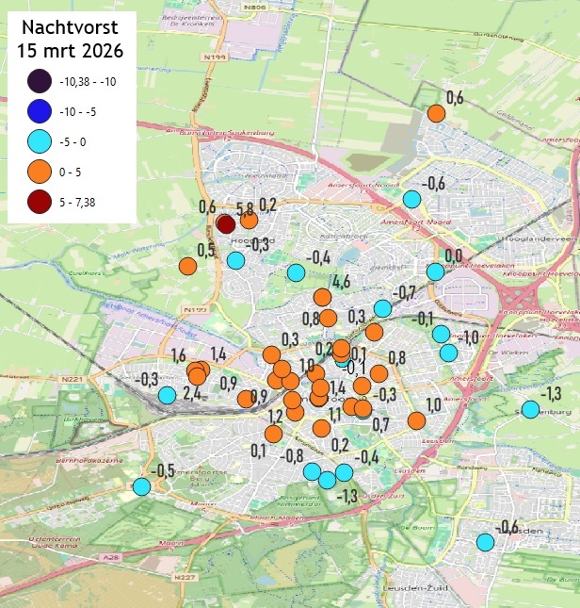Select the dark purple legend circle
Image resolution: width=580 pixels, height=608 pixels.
pos(40,82)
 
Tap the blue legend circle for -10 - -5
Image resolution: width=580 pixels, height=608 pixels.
pos(40,112)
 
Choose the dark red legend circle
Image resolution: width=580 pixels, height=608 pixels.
pos(40,202)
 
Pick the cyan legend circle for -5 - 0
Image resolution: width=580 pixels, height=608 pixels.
pos(40,142)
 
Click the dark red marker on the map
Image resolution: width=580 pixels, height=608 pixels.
pos(226,223)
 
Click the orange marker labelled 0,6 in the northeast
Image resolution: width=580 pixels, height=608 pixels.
pos(436,114)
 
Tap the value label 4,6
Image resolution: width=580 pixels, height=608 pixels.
pos(341,281)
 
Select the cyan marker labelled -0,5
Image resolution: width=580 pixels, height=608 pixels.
pos(141,486)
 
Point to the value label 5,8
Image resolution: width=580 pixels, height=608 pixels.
pos(244,207)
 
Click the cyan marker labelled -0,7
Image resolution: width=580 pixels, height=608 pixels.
pos(382,308)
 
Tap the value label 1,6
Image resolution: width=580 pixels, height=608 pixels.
pos(179,354)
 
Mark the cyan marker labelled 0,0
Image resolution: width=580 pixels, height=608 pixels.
pos(434,271)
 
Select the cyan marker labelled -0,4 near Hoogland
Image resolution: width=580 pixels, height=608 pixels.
pos(296,273)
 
